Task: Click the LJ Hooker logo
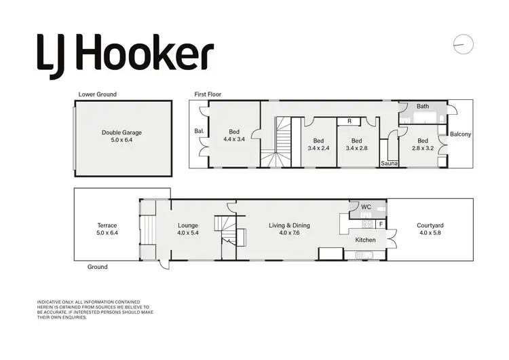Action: pos(125,51)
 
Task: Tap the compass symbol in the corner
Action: pos(462,43)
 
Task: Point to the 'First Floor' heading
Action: pos(208,94)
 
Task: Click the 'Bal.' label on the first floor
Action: pos(200,131)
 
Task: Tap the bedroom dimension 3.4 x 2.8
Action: pos(356,147)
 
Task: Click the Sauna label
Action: pos(389,164)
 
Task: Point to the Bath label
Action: pos(423,107)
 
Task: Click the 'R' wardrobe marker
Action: pos(349,121)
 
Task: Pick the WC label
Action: pos(366,206)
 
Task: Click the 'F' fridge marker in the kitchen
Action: pos(381,223)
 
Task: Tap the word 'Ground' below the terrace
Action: pos(98,267)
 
